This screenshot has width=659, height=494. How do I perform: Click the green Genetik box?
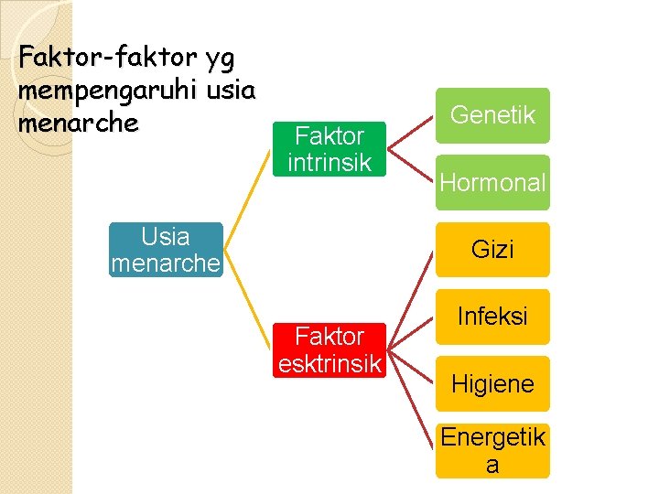pos(492,115)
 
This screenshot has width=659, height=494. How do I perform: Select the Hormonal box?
pos(492,182)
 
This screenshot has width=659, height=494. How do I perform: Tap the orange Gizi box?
pos(492,249)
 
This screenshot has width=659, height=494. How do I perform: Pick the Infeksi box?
pos(492,317)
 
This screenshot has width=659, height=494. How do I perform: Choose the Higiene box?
pos(492,383)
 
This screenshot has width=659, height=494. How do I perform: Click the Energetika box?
pos(492,450)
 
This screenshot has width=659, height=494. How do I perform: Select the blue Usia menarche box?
pos(166,250)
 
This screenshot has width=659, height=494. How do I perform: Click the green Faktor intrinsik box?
pos(329,149)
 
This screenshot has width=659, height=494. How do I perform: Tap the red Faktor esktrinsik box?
pos(329,349)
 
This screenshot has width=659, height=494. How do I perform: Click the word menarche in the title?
pos(79,123)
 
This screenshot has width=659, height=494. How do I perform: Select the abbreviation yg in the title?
pos(221,59)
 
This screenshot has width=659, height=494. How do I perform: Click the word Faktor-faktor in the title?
pos(108,58)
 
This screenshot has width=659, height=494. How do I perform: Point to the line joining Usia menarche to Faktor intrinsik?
pos(248,199)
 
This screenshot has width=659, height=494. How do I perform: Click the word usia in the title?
pos(232,91)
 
